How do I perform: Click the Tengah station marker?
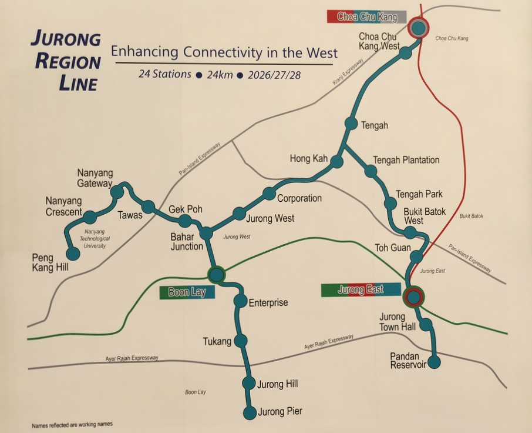click(351, 124)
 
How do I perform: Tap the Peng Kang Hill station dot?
click(73, 254)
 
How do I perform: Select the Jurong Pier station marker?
click(250, 413)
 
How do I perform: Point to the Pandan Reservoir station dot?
click(434, 362)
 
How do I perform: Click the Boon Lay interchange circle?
click(217, 274)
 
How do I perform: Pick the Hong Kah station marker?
click(336, 162)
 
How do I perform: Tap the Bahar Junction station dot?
click(206, 233)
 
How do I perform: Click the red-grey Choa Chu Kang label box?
click(366, 17)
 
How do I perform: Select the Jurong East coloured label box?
click(361, 289)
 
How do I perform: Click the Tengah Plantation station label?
click(406, 160)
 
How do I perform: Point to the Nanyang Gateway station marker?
click(117, 192)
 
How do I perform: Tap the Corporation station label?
click(299, 198)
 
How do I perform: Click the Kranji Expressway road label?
click(346, 70)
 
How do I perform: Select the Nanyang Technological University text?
click(94, 239)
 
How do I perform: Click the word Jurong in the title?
click(66, 39)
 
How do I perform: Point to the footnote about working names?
click(72, 424)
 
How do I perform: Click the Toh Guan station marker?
click(416, 257)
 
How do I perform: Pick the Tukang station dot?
click(240, 341)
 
